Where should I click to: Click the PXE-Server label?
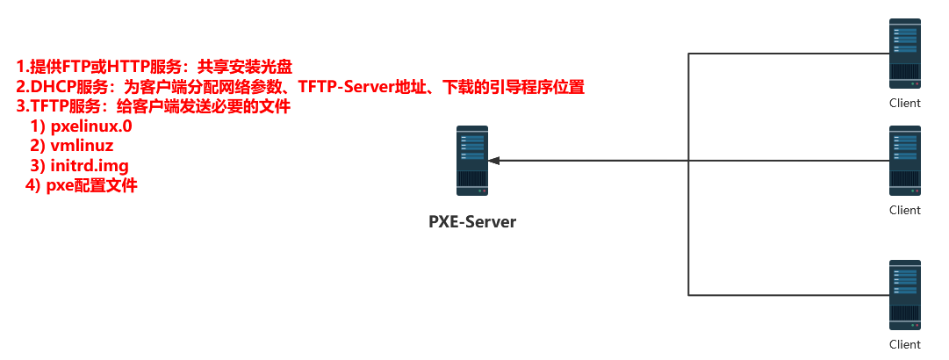pos(472,221)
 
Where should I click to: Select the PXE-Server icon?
pos(472,161)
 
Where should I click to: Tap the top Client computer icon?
pos(905,54)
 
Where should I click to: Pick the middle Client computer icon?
pos(905,161)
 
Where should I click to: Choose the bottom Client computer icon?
pos(905,294)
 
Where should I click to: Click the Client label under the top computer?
pos(905,103)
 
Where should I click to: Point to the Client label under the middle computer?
pos(905,210)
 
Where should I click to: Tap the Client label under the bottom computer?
pos(905,344)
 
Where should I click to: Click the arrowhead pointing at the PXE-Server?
pos(494,161)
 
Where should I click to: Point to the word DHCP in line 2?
pos(51,87)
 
